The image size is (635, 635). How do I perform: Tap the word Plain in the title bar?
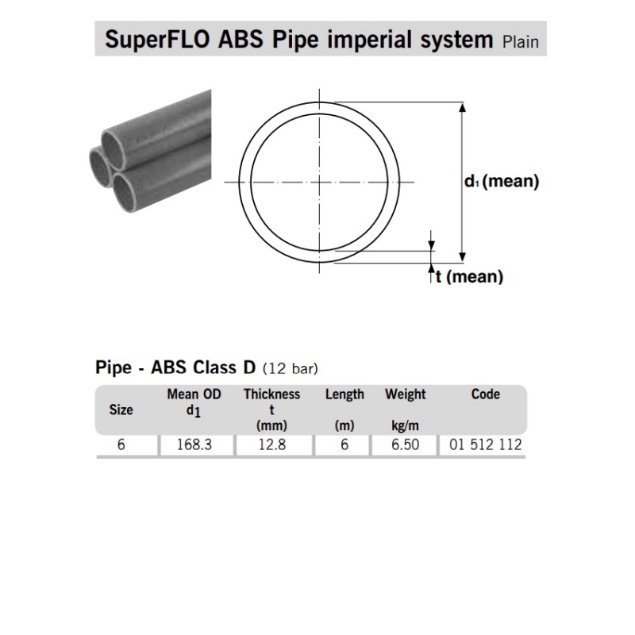coord(520,41)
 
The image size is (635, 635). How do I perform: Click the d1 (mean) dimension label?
coord(502,182)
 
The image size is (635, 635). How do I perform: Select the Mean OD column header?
coord(194,394)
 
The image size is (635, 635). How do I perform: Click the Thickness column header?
coord(271,394)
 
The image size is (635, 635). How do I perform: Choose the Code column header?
coord(485,394)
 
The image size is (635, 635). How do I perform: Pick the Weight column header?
coord(405,394)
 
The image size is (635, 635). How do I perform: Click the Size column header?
coord(121,410)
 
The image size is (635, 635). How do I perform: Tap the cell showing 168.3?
coord(194,445)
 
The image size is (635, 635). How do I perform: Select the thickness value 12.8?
coord(271,445)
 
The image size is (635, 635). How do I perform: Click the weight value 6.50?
coord(405,445)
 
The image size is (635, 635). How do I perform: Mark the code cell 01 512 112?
coord(485,445)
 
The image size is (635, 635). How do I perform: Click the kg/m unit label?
coord(405,426)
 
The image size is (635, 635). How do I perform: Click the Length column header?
coord(344,394)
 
